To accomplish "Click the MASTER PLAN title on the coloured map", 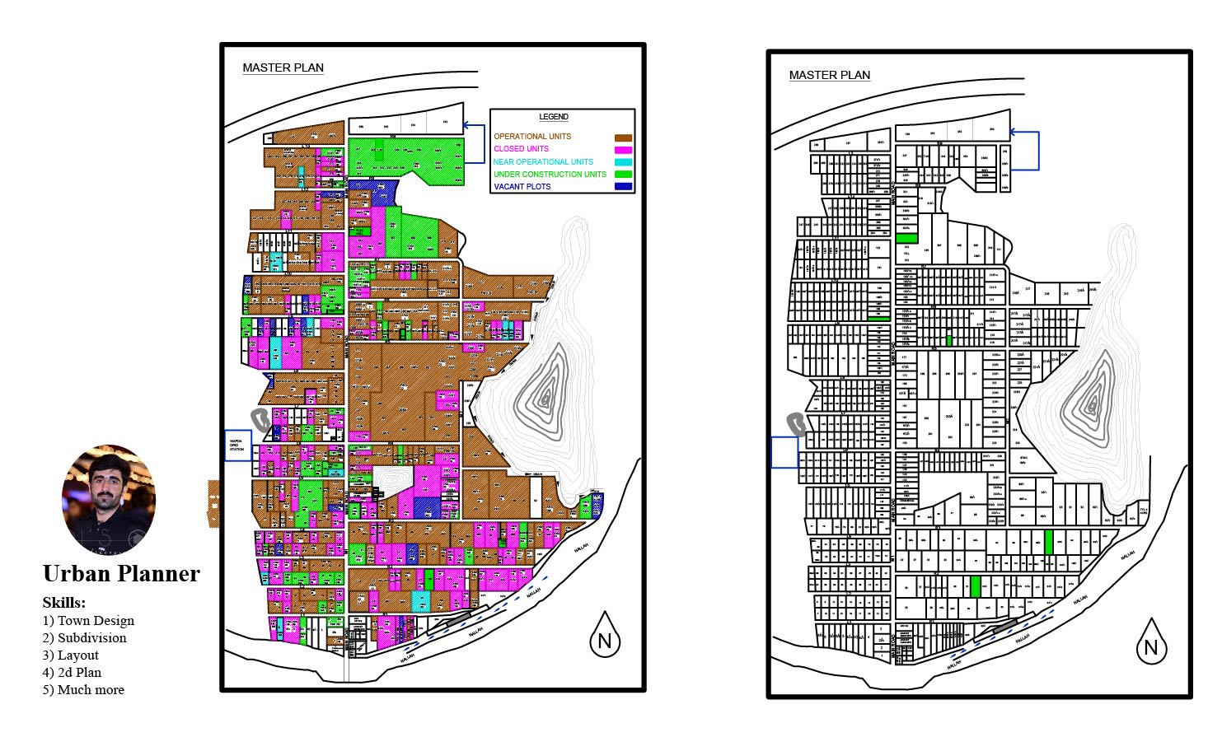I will click(283, 68).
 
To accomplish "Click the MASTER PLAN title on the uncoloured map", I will click(829, 75).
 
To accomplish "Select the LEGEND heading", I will click(554, 117).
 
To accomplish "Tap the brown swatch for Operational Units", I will click(623, 138).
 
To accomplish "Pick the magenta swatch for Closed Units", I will click(623, 150).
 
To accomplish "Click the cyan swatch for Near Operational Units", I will click(623, 162).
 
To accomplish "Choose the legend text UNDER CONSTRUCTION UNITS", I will click(550, 175).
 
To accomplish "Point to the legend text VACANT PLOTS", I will click(522, 187).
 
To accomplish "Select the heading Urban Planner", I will click(121, 574).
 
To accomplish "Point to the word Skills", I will click(63, 603).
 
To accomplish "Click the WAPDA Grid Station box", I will click(238, 445).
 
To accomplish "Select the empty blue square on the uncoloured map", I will click(784, 452).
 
